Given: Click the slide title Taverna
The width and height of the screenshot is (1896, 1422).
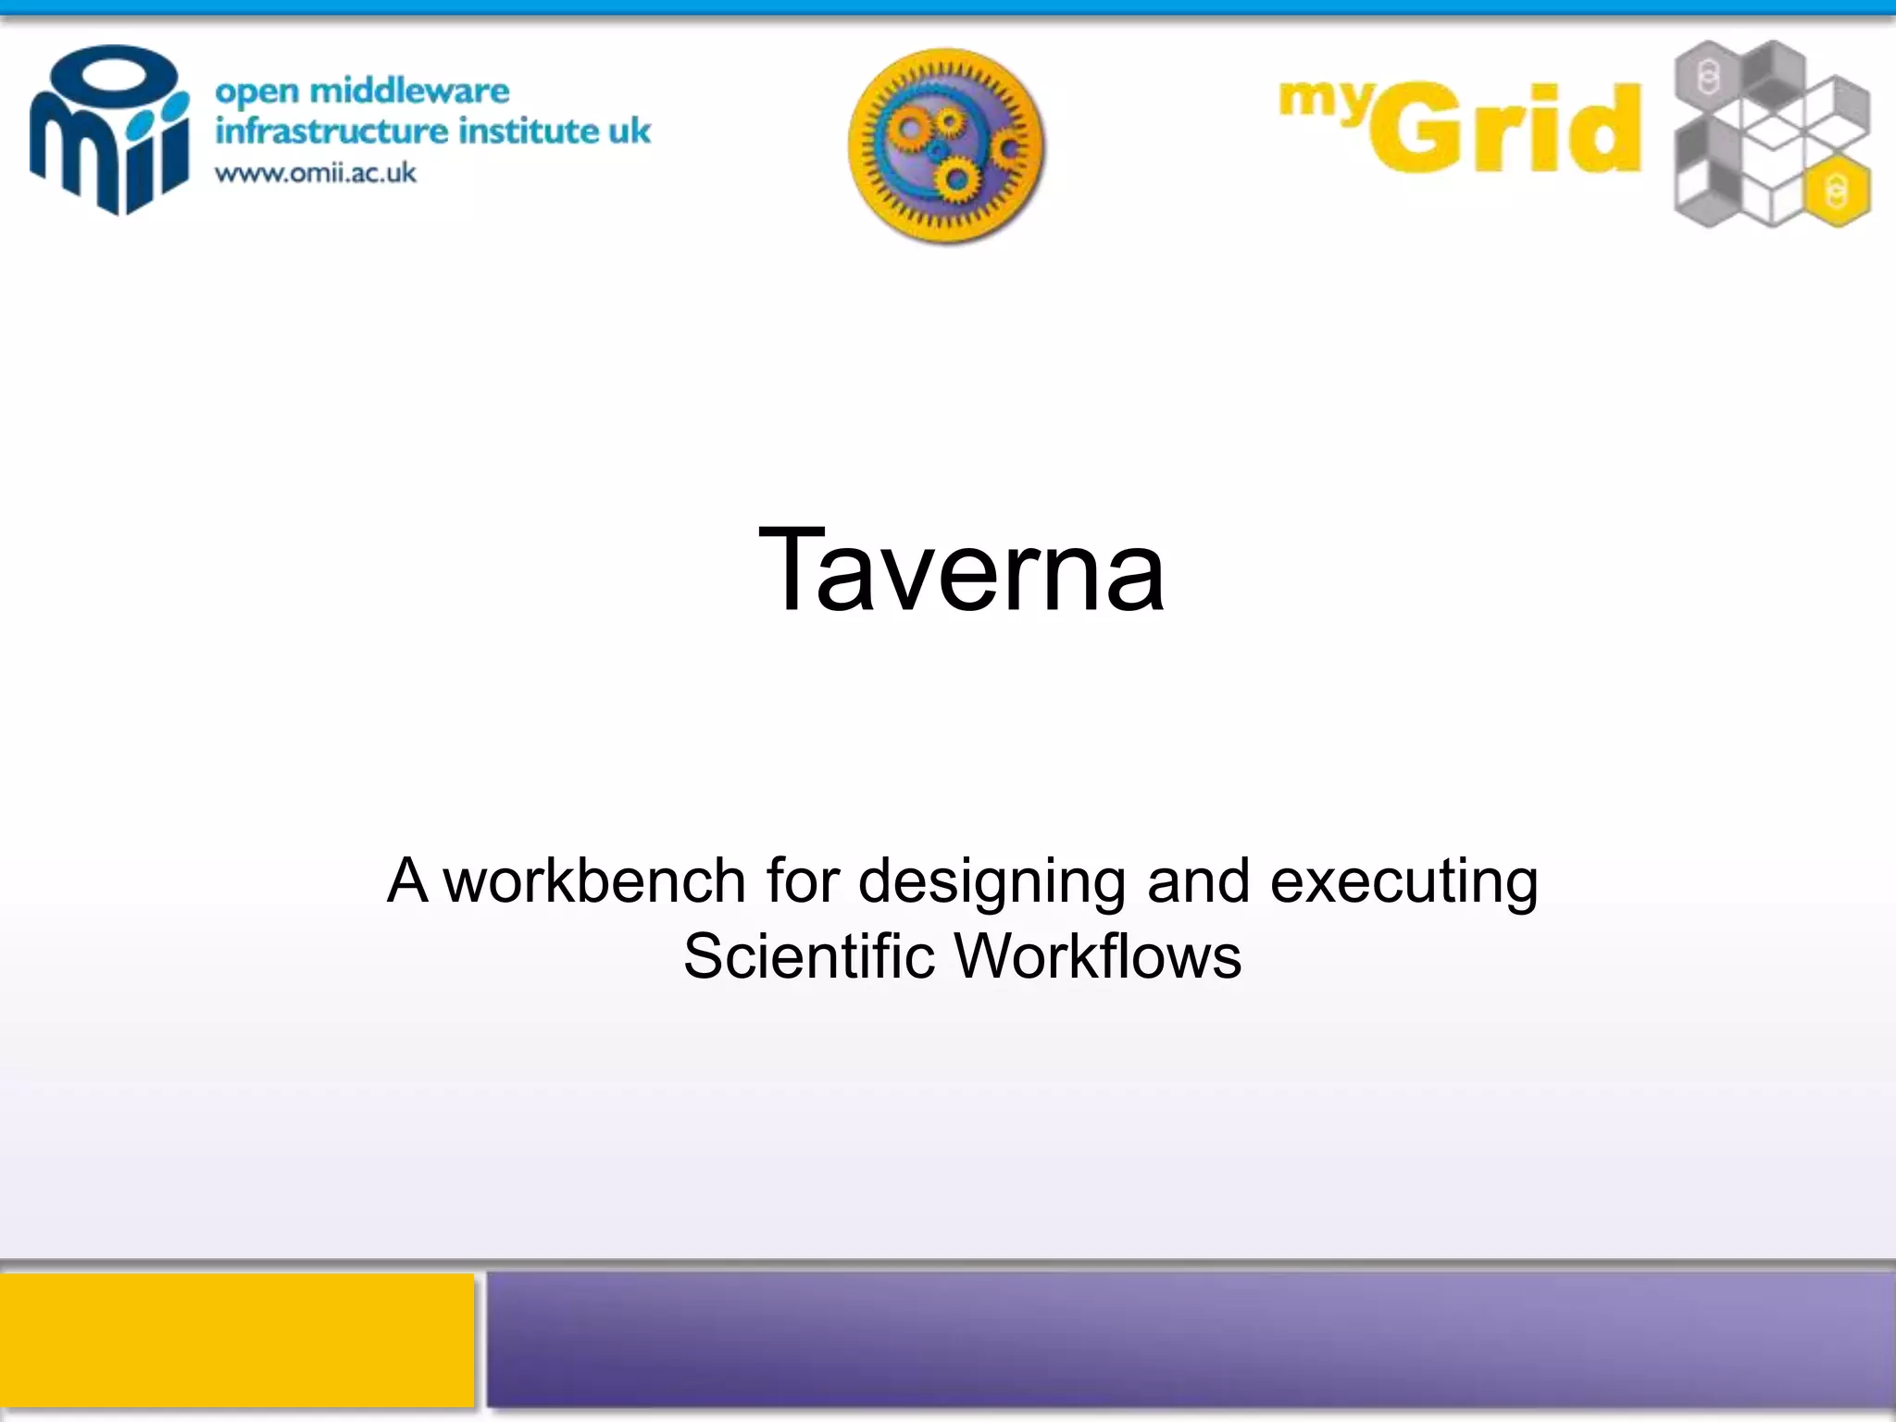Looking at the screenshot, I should [961, 570].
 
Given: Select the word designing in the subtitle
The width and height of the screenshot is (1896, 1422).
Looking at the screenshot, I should [992, 882].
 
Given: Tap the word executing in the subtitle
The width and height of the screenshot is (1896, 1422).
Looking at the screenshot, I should [1403, 882].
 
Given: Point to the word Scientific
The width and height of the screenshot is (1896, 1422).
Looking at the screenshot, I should [808, 955].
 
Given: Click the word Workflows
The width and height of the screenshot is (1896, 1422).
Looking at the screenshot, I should [1097, 955].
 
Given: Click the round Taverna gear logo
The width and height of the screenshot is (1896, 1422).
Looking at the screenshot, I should [946, 146].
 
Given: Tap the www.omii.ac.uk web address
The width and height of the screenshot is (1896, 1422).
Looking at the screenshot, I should [316, 173].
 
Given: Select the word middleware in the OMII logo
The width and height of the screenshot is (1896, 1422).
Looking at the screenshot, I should [408, 91].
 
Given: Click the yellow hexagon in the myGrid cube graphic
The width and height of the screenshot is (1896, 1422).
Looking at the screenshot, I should [1836, 192].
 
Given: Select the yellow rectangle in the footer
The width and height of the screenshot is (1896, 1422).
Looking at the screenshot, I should [236, 1340].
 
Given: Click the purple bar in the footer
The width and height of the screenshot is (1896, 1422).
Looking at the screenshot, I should [1191, 1340].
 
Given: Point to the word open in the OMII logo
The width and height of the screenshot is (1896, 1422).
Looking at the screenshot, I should [256, 92].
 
